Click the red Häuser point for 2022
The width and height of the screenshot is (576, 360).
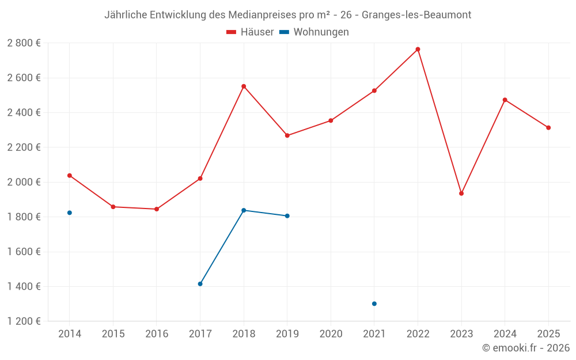pos(418,50)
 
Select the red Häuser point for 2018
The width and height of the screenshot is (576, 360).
pos(244,86)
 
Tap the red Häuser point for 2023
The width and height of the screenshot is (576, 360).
pos(461,194)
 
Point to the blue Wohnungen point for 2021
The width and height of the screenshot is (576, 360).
pos(374,304)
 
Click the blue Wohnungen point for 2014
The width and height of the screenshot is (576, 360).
pos(70,213)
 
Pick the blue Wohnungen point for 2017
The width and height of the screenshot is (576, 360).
pos(200,284)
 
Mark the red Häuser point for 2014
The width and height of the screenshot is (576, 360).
pos(70,175)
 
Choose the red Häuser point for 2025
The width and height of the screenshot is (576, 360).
pos(548,128)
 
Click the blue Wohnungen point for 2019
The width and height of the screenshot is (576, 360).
pos(287,216)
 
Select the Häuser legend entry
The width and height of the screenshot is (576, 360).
pos(251,32)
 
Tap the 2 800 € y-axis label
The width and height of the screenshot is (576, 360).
pos(24,43)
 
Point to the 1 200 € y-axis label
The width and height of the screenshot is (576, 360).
pos(24,321)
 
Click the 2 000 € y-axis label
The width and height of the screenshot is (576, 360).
pos(24,182)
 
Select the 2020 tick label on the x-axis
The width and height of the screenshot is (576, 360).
pos(331,334)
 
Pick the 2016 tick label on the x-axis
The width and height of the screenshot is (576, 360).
pos(157,334)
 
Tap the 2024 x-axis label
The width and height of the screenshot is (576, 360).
pos(505,334)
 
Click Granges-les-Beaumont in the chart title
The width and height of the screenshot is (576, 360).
pos(416,15)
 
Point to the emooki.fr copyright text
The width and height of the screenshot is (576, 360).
pos(526,348)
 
